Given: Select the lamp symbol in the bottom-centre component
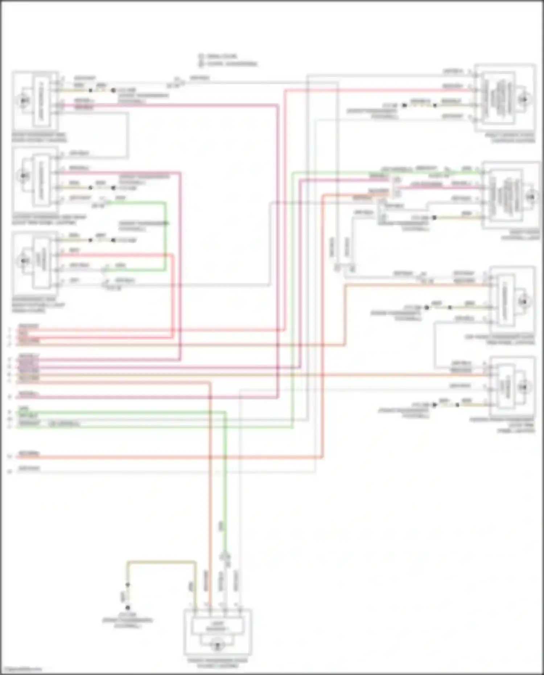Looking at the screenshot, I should [x=218, y=646].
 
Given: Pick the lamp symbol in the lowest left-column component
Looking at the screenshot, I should [x=24, y=260].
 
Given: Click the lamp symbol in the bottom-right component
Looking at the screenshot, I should [x=523, y=387].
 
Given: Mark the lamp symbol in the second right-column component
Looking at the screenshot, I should [x=531, y=197].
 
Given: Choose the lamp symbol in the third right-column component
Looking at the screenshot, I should [x=523, y=301].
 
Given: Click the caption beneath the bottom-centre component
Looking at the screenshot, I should [x=218, y=663].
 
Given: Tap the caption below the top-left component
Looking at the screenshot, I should [x=39, y=137].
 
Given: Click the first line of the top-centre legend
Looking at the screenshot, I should [x=221, y=56].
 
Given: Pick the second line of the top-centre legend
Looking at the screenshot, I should [x=231, y=64].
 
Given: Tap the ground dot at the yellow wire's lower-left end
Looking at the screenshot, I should [x=128, y=608].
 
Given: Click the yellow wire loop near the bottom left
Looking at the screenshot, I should [x=161, y=562].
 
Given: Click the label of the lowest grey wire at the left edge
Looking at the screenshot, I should [x=29, y=469].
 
